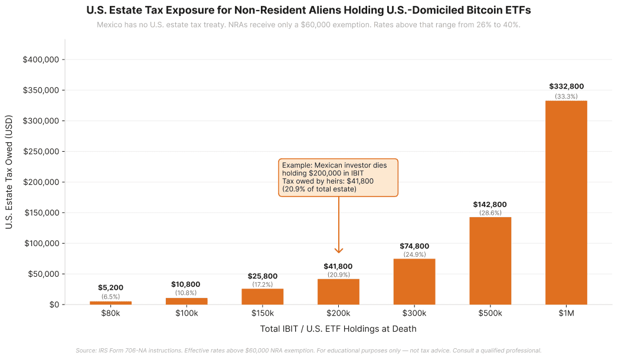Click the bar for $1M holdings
[x=566, y=202]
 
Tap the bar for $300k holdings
[x=414, y=282]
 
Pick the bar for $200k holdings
[x=338, y=292]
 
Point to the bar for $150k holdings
[x=263, y=296]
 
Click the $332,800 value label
[x=566, y=86]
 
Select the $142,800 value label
[x=490, y=205]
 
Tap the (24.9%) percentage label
[x=414, y=254]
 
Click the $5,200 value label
[x=111, y=288]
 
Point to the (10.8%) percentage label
[x=187, y=293]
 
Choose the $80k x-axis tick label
[x=111, y=313]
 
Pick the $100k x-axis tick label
[x=187, y=313]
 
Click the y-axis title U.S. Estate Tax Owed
[x=9, y=179]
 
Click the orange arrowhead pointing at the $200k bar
[x=339, y=250]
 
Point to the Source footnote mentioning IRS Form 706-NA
[x=308, y=351]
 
